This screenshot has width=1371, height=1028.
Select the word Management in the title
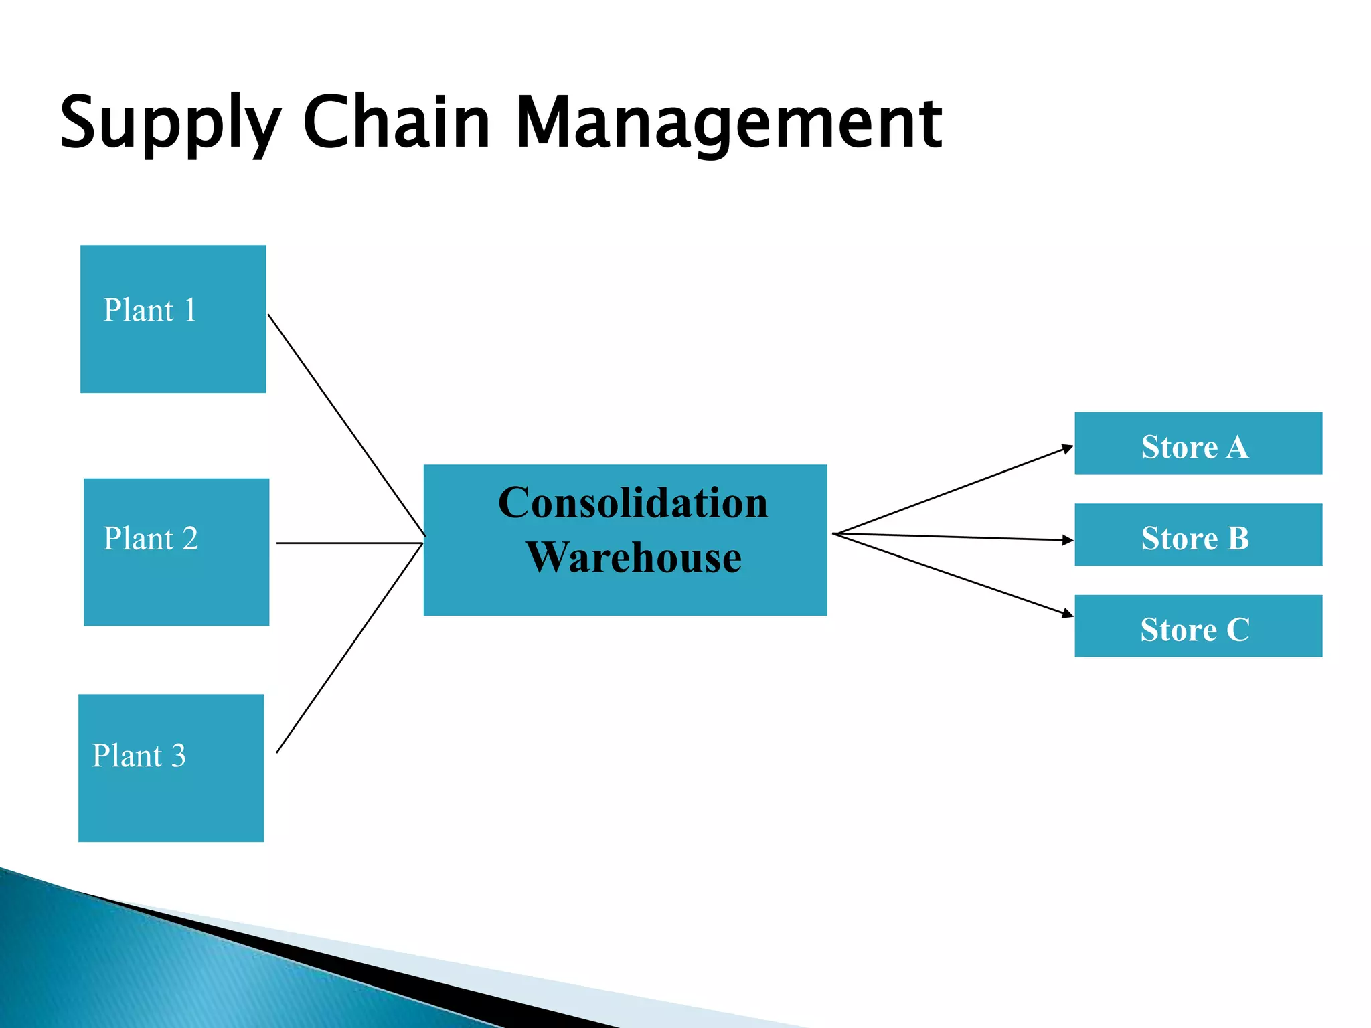(x=728, y=124)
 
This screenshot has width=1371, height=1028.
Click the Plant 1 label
(x=150, y=311)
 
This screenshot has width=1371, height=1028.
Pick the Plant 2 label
(x=151, y=539)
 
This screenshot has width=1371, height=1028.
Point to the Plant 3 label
(x=139, y=756)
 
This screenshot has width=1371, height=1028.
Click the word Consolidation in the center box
(x=633, y=503)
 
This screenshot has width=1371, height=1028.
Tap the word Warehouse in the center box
(x=633, y=558)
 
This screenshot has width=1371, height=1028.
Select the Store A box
(x=1198, y=444)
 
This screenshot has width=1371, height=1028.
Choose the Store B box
(x=1198, y=535)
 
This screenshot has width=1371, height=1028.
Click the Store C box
(x=1198, y=626)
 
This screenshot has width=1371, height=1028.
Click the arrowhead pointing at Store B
(x=1068, y=539)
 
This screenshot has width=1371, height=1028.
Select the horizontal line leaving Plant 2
(x=348, y=543)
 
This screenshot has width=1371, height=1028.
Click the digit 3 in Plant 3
(x=178, y=756)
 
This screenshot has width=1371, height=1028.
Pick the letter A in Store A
(x=1237, y=447)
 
